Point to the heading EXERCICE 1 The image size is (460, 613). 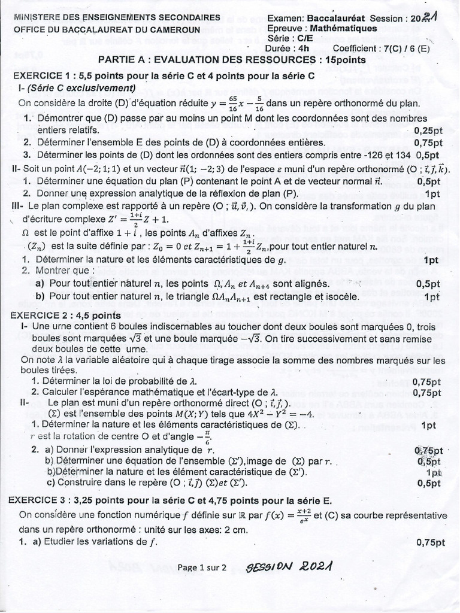pyautogui.click(x=43, y=76)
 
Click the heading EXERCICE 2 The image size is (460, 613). pyautogui.click(x=43, y=315)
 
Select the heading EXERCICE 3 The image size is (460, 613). pyautogui.click(x=43, y=500)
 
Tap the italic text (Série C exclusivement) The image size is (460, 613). pyautogui.click(x=81, y=88)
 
